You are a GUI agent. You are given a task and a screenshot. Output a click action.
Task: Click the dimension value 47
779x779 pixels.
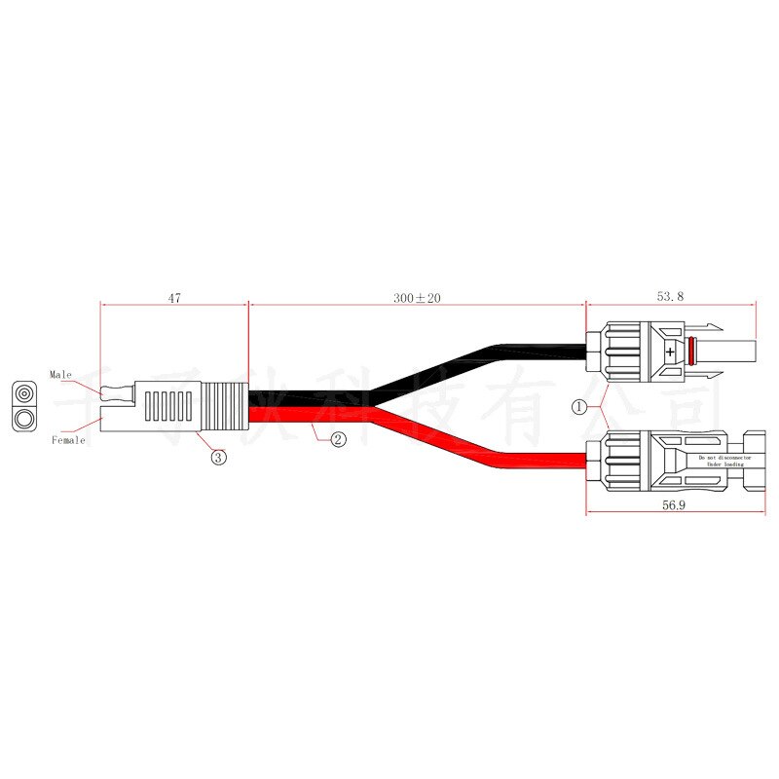click(x=174, y=299)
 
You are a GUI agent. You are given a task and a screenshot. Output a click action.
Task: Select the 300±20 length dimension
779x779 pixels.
click(x=417, y=299)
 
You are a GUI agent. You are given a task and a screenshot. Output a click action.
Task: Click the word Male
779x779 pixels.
click(x=61, y=374)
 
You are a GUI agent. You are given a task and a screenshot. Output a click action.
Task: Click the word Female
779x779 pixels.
click(x=68, y=440)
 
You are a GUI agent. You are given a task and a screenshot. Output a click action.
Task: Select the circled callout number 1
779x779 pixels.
click(x=580, y=407)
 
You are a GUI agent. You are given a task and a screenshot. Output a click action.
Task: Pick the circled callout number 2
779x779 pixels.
click(x=338, y=439)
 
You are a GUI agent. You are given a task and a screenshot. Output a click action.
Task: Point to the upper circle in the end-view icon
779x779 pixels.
click(x=24, y=394)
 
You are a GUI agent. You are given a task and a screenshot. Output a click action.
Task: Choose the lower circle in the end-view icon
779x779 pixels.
click(x=24, y=420)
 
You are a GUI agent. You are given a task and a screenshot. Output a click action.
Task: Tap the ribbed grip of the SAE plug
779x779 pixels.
click(x=227, y=407)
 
